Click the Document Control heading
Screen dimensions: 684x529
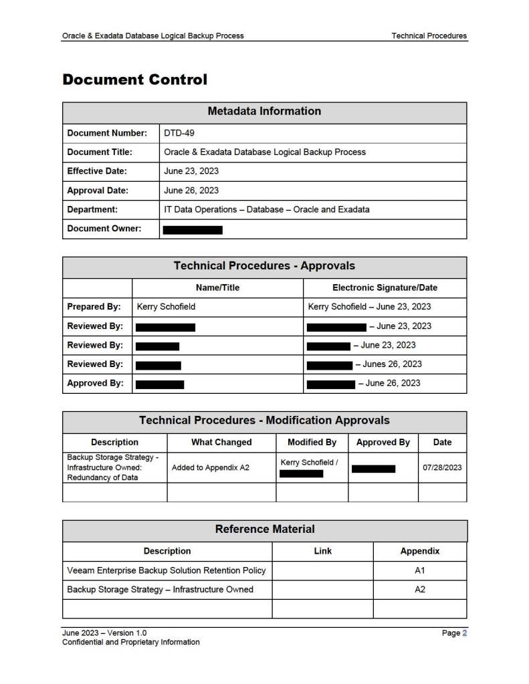coord(134,80)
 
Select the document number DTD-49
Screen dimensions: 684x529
coord(179,133)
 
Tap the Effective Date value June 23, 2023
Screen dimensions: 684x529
coord(191,171)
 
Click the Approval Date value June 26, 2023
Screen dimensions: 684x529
coord(191,191)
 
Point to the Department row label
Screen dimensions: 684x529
coord(92,209)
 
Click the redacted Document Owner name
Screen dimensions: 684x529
coord(193,229)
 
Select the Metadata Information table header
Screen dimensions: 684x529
coord(264,111)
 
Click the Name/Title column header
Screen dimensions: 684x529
coord(217,288)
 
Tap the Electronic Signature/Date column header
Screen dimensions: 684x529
coord(385,288)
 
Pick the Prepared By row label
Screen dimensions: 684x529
coord(94,307)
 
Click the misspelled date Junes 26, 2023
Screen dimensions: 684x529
coord(392,364)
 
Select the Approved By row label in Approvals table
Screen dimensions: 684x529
coord(95,384)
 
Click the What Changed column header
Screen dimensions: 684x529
coord(221,442)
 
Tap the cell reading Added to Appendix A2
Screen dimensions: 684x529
coord(210,468)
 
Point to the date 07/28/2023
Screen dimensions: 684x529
coord(442,468)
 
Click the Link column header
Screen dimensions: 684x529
coord(322,551)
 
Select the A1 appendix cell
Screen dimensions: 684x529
coord(420,570)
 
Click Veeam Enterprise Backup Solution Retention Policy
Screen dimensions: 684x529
coord(167,570)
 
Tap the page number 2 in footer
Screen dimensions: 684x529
coord(464,633)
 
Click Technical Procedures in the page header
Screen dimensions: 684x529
coord(429,35)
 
